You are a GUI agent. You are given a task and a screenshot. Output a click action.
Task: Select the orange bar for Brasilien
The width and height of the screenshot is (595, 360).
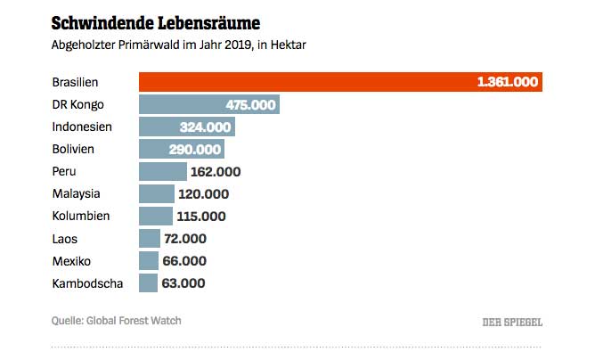click(303, 82)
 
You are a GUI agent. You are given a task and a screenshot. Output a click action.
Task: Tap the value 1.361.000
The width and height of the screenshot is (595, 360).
click(508, 82)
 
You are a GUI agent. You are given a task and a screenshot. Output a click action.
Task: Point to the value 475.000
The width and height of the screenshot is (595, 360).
click(250, 104)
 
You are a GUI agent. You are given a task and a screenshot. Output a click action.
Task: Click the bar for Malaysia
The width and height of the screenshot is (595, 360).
click(157, 193)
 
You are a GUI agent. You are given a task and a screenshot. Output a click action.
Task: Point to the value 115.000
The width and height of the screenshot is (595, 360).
click(202, 216)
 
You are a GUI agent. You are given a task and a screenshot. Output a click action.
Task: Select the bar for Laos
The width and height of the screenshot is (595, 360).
click(150, 238)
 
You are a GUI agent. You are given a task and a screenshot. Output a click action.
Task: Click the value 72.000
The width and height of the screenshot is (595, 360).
click(185, 238)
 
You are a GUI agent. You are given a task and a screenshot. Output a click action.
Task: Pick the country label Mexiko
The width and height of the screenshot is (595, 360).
click(73, 261)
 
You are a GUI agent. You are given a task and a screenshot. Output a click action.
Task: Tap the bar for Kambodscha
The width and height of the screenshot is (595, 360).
click(148, 283)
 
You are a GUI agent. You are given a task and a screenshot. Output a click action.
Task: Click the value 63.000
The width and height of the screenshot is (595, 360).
click(183, 283)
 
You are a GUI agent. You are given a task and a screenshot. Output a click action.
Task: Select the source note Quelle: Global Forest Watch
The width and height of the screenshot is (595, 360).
click(122, 321)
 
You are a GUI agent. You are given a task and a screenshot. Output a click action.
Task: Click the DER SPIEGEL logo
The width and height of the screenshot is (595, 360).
click(512, 322)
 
